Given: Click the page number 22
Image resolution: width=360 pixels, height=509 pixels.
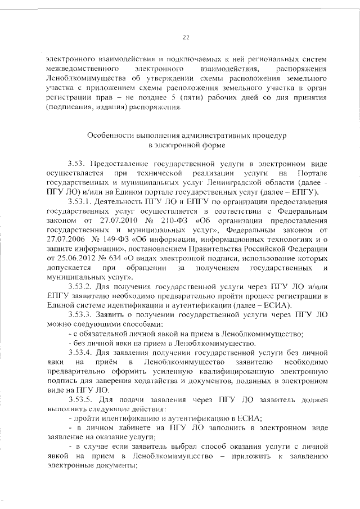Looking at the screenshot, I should pos(186,38).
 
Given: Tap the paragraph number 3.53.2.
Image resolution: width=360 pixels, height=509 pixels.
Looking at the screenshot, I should pos(82,287).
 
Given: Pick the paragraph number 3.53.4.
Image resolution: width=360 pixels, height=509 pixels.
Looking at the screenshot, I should pos(82,353).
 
